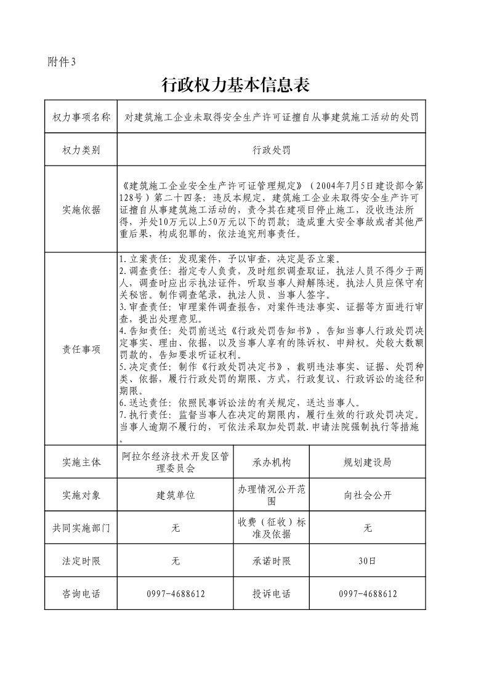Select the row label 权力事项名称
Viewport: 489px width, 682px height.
pos(81,117)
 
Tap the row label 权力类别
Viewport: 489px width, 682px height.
pos(81,150)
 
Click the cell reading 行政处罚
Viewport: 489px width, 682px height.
pos(271,150)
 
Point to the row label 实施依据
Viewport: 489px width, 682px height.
pos(81,209)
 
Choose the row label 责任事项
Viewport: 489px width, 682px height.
pos(81,349)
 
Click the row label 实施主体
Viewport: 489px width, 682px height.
pos(81,462)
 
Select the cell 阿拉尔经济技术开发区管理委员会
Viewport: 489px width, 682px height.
pos(176,462)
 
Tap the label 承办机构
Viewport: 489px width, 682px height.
pos(271,462)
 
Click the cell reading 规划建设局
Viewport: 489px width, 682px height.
pos(367,462)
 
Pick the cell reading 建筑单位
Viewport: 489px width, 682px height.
pos(176,495)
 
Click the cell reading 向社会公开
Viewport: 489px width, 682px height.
pos(367,495)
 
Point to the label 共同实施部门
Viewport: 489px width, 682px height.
pos(81,528)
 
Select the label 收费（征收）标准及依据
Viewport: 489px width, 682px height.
pos(271,528)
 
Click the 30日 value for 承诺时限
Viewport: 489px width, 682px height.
pos(367,561)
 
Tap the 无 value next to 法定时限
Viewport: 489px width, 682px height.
pos(176,561)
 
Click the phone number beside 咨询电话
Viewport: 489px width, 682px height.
pos(176,594)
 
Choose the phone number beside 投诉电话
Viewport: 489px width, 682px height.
pos(367,594)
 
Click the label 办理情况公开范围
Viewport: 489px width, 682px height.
pos(271,495)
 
